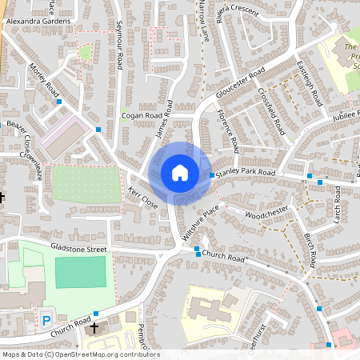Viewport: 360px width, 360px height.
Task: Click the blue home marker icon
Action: pyautogui.click(x=180, y=173)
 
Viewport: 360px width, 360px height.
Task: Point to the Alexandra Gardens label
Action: pyautogui.click(x=38, y=22)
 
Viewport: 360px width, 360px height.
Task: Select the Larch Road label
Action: pyautogui.click(x=338, y=203)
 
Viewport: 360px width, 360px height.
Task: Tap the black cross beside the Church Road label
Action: pyautogui.click(x=94, y=327)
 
